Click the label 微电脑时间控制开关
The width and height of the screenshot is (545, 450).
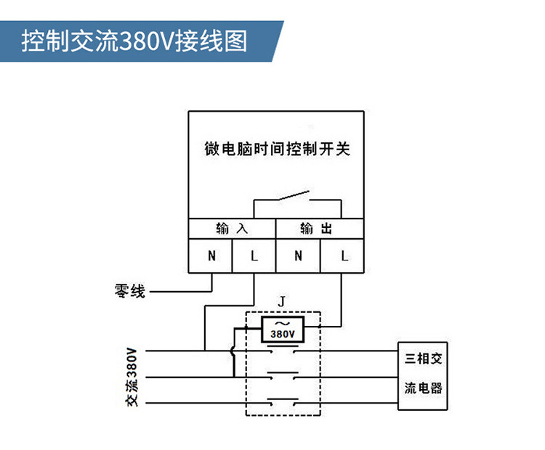point(277,149)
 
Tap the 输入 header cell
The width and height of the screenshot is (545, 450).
point(232,229)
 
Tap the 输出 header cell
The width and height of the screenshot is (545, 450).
point(320,229)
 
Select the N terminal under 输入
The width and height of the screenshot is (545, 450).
point(210,256)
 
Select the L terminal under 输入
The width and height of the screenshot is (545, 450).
point(254,256)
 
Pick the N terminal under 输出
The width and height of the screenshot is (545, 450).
point(298,256)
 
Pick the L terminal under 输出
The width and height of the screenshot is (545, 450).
point(342,256)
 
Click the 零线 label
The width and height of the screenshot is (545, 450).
point(129,291)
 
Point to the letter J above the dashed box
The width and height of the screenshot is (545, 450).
point(281,301)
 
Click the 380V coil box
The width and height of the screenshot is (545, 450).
point(283,330)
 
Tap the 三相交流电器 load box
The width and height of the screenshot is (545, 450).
point(422,376)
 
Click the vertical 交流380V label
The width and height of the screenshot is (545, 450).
point(132,377)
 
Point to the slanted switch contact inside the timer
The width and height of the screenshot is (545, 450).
point(293,195)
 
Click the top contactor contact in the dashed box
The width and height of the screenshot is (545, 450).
point(283,349)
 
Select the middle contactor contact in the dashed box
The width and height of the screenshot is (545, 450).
point(283,375)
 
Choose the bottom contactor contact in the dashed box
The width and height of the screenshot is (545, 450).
point(283,402)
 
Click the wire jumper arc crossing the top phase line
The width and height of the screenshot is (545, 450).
point(232,351)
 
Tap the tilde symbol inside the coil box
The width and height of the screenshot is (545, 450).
point(282,324)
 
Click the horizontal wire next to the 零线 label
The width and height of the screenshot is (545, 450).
point(181,291)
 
